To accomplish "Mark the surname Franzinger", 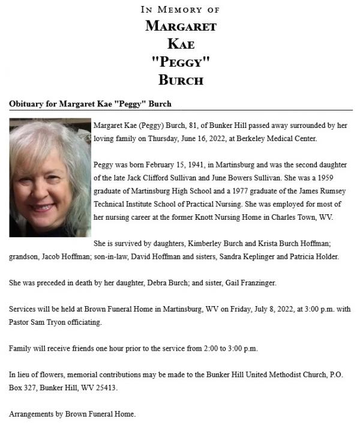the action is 263,283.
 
